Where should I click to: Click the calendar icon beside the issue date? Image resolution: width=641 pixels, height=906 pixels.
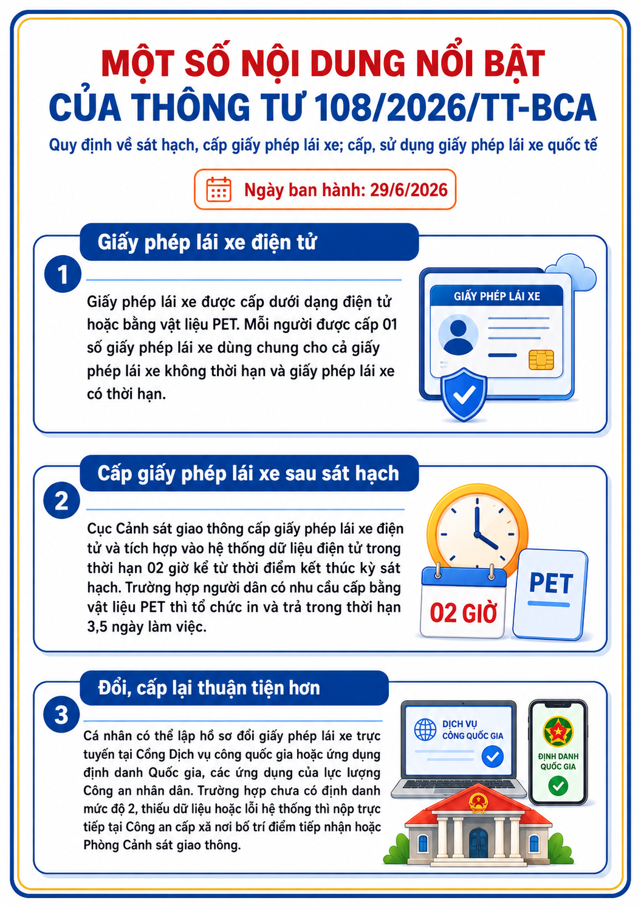pyautogui.click(x=219, y=189)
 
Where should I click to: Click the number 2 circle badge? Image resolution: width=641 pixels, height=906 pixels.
pyautogui.click(x=61, y=500)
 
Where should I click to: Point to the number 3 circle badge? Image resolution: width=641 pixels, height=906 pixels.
pyautogui.click(x=61, y=714)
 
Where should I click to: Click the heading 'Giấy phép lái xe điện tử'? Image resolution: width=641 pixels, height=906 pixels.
pyautogui.click(x=207, y=242)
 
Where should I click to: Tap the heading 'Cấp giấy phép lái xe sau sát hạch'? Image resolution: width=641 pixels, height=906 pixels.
pyautogui.click(x=249, y=473)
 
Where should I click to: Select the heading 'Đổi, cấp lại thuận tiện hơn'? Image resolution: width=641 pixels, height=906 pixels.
pyautogui.click(x=209, y=688)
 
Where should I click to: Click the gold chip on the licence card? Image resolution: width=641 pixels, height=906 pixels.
pyautogui.click(x=541, y=360)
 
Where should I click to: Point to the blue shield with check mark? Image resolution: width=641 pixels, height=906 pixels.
pyautogui.click(x=464, y=395)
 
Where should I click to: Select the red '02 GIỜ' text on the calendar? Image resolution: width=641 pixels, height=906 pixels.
pyautogui.click(x=464, y=613)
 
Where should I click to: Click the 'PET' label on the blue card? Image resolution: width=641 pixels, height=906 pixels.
pyautogui.click(x=551, y=583)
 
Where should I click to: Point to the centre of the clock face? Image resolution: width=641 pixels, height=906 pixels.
pyautogui.click(x=478, y=533)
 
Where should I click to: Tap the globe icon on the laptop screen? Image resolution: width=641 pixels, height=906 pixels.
pyautogui.click(x=425, y=729)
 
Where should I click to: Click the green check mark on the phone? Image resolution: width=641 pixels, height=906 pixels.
pyautogui.click(x=558, y=786)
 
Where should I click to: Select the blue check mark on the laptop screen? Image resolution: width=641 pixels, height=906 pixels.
pyautogui.click(x=493, y=757)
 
